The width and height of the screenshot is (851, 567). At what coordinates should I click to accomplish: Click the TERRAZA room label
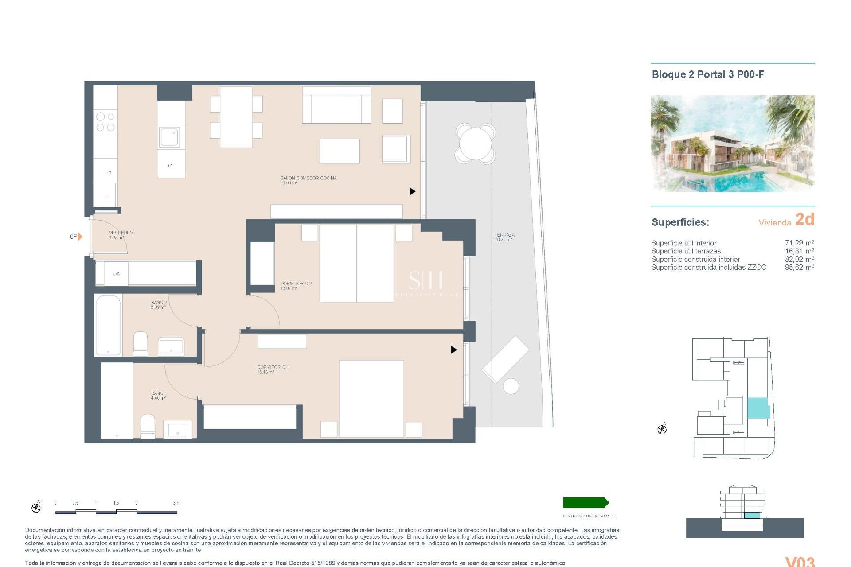[x=504, y=237]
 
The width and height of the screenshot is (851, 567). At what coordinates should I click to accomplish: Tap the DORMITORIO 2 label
[x=296, y=286]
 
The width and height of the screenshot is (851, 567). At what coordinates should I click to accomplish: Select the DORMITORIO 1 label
[x=273, y=369]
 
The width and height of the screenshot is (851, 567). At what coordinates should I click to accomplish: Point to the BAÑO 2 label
[x=159, y=305]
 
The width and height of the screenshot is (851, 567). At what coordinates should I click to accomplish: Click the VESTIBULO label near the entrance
[x=121, y=235]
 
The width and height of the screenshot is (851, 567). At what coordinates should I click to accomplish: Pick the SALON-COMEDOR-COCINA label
[x=308, y=180]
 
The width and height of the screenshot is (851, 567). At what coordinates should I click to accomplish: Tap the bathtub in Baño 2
[x=108, y=325]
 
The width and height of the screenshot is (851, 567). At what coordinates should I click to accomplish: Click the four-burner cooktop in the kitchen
[x=105, y=122]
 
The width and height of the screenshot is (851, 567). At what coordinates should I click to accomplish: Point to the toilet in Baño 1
[x=148, y=426]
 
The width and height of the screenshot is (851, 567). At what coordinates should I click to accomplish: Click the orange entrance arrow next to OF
[x=80, y=237]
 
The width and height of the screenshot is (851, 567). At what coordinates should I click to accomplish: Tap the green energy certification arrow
[x=586, y=502]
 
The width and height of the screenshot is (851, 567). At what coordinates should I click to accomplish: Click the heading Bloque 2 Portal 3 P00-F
[x=707, y=74]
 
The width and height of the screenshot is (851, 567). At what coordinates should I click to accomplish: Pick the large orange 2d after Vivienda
[x=804, y=219]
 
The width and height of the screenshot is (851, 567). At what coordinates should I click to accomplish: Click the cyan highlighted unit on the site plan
[x=758, y=408]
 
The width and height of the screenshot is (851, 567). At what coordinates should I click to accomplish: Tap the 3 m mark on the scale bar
[x=176, y=503]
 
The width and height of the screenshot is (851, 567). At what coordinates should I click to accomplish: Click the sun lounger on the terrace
[x=505, y=360]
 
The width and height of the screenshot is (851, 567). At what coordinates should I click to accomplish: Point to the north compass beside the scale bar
[x=36, y=508]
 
